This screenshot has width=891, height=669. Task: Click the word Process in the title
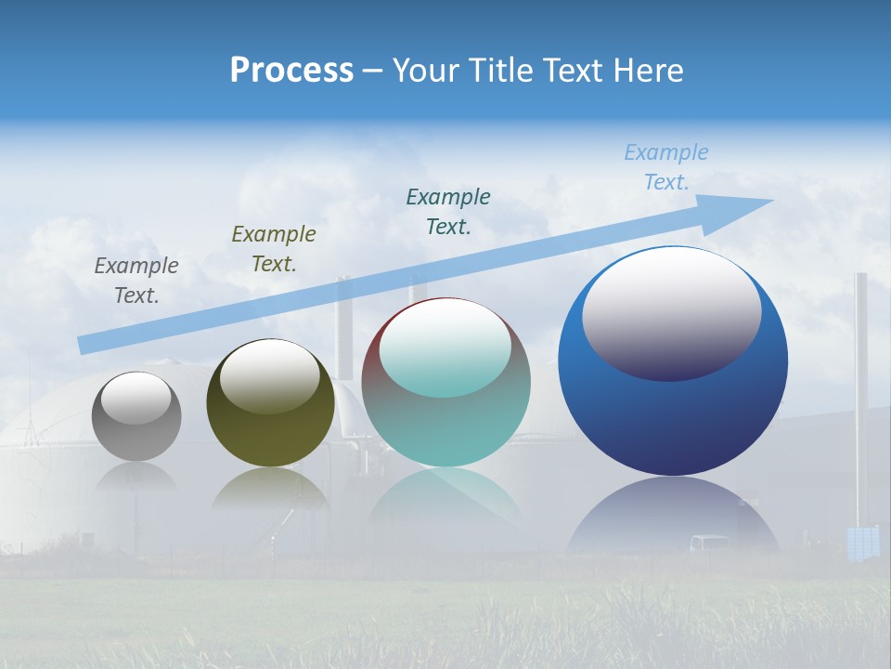coord(291,71)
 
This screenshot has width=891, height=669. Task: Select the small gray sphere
coord(136,437)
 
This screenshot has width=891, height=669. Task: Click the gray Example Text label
coord(136,281)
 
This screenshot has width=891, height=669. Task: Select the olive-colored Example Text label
coord(274,249)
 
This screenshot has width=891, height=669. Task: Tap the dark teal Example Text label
coord(448,211)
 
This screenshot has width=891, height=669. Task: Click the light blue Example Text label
coord(666,167)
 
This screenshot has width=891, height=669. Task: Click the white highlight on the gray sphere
coord(136,397)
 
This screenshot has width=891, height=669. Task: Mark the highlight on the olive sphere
coord(270,374)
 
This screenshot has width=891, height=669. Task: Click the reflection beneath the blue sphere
coord(674,520)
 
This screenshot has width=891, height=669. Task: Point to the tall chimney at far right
coord(860,390)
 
